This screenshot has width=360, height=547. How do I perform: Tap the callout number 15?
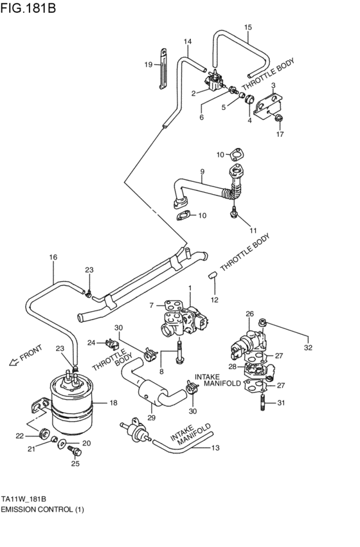point(248,27)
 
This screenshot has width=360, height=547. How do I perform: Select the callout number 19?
point(148,64)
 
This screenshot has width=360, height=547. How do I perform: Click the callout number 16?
point(53,257)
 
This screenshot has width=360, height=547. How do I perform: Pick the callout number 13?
point(215,448)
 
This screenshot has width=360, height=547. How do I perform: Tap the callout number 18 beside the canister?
point(113,403)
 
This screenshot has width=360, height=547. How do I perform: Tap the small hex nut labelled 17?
point(278,118)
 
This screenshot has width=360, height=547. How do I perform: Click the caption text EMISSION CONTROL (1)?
point(42,509)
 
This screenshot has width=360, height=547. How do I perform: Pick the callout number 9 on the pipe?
point(202,172)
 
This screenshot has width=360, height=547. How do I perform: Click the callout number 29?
point(152,418)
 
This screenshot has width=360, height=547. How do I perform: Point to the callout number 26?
point(249,314)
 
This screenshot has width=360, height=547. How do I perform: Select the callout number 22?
point(19,436)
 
